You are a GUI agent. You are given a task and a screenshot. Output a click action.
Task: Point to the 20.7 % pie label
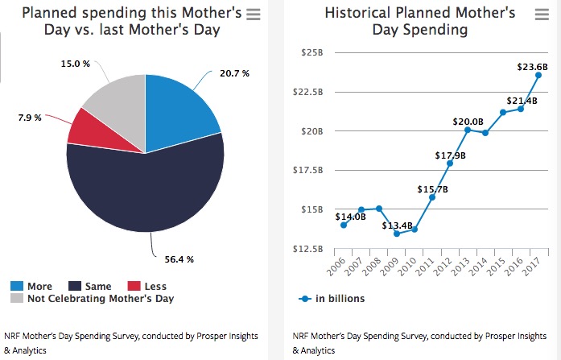234,73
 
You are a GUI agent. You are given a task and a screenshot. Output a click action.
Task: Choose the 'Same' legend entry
91,287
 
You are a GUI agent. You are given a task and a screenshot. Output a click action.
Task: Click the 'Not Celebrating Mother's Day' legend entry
99,299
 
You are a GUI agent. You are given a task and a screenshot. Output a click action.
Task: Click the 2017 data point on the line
538,75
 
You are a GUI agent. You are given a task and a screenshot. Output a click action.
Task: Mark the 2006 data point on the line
344,225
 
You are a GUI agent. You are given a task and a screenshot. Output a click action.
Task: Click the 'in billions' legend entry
338,299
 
